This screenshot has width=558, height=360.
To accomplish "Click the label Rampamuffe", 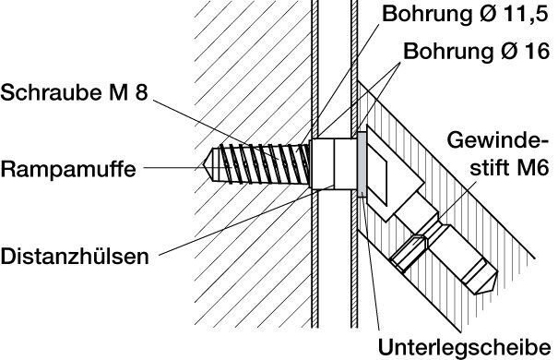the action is [x=68, y=170].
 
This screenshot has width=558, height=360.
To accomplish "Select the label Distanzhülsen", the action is [x=75, y=257].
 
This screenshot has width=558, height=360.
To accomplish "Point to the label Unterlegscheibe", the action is [x=465, y=347].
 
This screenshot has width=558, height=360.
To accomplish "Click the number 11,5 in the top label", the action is [x=527, y=14].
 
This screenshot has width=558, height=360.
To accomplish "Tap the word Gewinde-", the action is [x=497, y=140].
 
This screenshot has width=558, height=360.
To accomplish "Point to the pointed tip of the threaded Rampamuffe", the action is [x=205, y=165].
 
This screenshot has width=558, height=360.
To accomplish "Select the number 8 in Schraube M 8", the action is [x=141, y=92].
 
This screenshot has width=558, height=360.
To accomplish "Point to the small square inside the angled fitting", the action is [x=378, y=180].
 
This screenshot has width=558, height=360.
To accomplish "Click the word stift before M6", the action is [x=490, y=167].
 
